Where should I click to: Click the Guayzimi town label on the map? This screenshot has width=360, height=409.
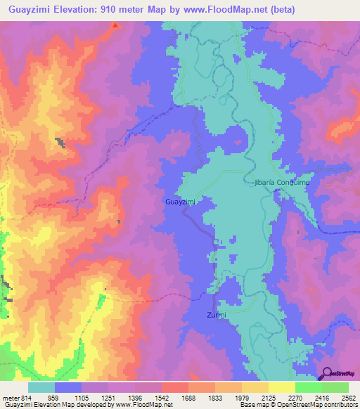click(179, 202)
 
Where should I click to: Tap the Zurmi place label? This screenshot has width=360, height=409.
click(217, 315)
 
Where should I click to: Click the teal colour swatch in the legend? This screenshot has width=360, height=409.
click(41, 387)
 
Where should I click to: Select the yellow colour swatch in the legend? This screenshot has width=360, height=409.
click(281, 387)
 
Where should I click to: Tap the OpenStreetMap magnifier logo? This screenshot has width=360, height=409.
click(328, 375)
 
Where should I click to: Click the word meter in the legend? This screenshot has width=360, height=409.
click(11, 398)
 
